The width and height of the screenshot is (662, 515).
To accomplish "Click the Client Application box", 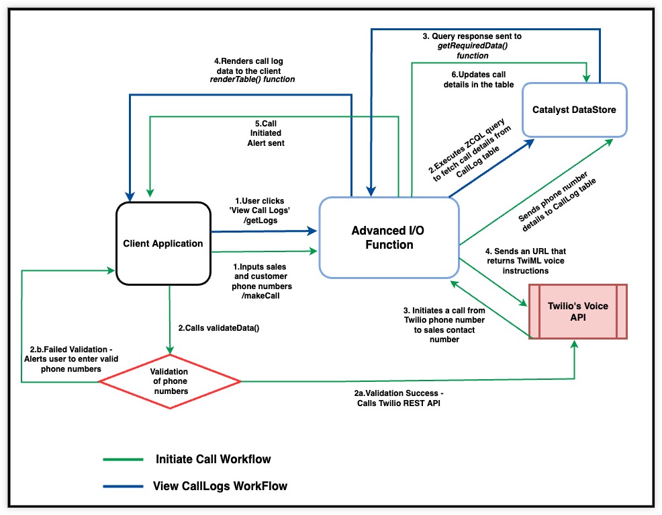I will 163,243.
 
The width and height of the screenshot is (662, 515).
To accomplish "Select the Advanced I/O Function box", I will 388,238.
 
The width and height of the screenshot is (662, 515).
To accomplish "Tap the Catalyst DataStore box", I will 575,109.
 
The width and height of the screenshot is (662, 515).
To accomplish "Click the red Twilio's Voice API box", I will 577,311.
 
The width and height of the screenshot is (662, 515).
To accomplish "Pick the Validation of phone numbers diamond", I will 169,381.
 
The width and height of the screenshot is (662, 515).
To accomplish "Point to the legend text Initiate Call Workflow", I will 213,460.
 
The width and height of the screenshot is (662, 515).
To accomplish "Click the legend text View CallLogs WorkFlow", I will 220,485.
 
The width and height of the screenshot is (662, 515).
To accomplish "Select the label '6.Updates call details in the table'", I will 479,79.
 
